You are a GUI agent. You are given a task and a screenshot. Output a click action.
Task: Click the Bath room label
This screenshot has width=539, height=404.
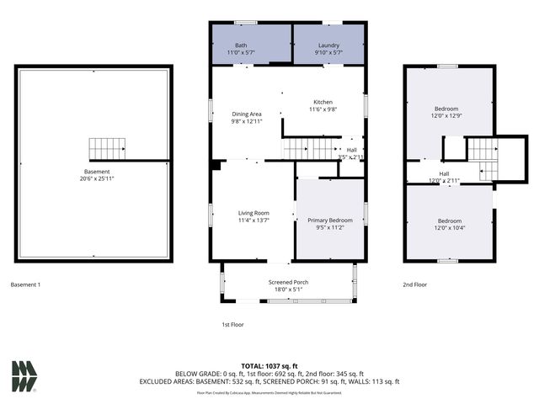pos(242,45)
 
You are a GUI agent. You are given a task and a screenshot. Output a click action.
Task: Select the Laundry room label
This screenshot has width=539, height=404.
pos(328,45)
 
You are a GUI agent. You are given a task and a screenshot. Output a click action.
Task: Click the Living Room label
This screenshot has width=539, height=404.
pos(253,213)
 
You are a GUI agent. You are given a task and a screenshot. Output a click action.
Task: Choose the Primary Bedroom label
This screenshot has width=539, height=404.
pos(329,220)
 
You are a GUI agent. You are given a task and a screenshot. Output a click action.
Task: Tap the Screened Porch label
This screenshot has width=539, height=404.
pos(287,282)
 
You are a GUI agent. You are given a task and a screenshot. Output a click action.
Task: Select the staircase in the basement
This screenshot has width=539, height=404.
pos(107,150)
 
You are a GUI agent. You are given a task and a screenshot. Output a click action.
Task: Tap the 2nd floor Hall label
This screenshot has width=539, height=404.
pos(444,173)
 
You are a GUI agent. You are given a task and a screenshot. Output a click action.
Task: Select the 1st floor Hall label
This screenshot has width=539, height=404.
pos(352,150)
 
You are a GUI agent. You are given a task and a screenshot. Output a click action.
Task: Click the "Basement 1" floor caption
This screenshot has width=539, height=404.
pos(25,284)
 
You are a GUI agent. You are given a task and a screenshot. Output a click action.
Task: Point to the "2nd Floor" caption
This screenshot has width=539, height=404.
pos(414,284)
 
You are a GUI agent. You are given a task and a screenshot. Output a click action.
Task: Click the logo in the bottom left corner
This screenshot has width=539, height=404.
pos(24,376)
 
